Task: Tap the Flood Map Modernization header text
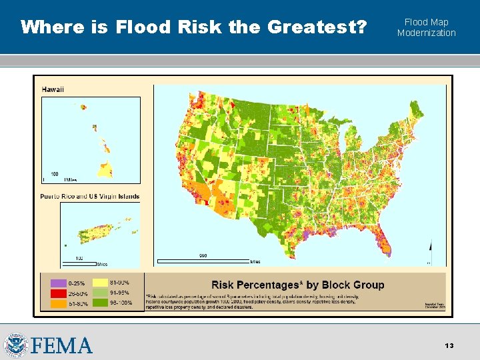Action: click(x=426, y=27)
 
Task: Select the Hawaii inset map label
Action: click(x=53, y=89)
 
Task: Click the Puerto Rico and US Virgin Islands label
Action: click(x=89, y=196)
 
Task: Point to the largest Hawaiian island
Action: click(x=105, y=169)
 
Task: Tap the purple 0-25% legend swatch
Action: click(x=51, y=283)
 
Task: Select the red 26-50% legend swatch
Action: click(x=51, y=293)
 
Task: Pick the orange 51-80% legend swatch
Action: click(x=51, y=304)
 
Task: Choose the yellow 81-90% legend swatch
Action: click(x=101, y=283)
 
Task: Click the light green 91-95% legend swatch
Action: click(x=101, y=293)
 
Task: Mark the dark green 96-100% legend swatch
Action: click(x=101, y=304)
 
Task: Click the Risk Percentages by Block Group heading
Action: click(x=298, y=285)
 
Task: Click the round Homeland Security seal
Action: click(x=15, y=345)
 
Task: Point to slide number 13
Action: click(x=449, y=345)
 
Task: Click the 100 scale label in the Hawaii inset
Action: click(x=54, y=174)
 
